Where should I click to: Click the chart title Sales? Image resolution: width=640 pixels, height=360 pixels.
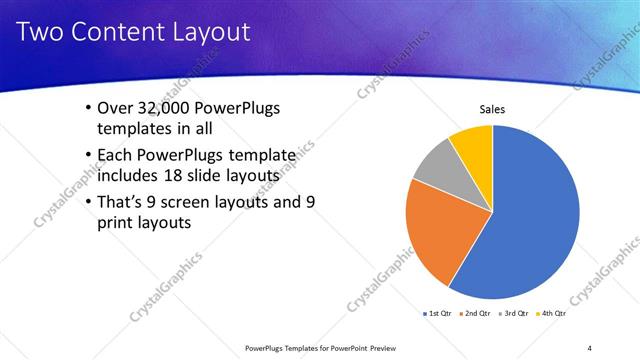tap(492, 109)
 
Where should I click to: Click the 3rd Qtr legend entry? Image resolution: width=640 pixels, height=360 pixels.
tap(512, 314)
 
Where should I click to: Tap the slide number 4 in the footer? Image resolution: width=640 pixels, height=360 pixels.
tap(589, 347)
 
